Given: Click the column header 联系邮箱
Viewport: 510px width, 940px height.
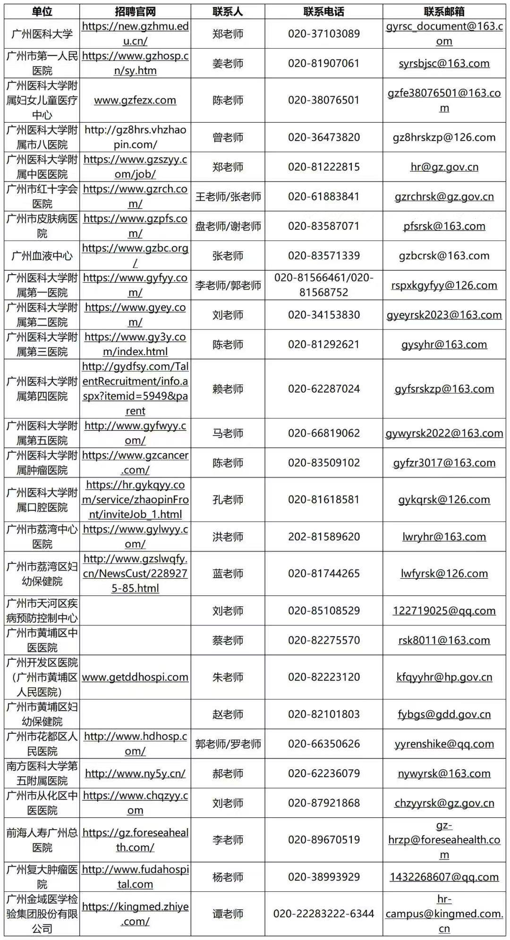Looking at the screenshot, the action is click(444, 12).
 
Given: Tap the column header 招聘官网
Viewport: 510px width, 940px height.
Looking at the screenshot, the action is click(135, 12).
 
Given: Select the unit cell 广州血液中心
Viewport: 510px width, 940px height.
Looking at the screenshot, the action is click(42, 256).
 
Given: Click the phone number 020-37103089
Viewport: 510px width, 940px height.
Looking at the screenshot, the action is click(323, 34).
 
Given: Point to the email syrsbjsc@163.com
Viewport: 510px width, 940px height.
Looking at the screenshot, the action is click(444, 63).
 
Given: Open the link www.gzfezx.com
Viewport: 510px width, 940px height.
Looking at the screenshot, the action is click(135, 100).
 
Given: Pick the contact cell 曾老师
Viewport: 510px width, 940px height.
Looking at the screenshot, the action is click(228, 137).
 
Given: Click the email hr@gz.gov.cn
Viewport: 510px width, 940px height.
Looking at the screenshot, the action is click(444, 167).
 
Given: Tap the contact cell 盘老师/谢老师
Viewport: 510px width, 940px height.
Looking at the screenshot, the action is click(228, 226).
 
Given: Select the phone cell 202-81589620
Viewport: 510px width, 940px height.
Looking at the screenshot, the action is click(323, 537).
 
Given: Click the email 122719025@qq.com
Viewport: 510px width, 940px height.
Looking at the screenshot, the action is click(444, 611).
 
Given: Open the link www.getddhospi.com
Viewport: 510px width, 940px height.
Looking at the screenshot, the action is click(135, 677).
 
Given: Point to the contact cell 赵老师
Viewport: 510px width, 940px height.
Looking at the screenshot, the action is click(228, 714).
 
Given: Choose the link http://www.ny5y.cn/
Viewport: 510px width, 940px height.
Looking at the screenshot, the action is click(135, 773).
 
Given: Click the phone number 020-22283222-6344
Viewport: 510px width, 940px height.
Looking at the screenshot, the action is click(323, 914).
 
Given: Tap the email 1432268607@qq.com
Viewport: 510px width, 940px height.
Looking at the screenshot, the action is click(444, 877).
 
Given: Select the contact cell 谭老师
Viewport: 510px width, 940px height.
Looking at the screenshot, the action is click(228, 914).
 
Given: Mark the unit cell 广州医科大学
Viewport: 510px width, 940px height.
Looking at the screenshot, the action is click(42, 34).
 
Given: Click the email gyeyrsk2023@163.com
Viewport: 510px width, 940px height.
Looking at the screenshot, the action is click(444, 315).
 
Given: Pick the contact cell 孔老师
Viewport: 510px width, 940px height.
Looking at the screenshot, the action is click(228, 500).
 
